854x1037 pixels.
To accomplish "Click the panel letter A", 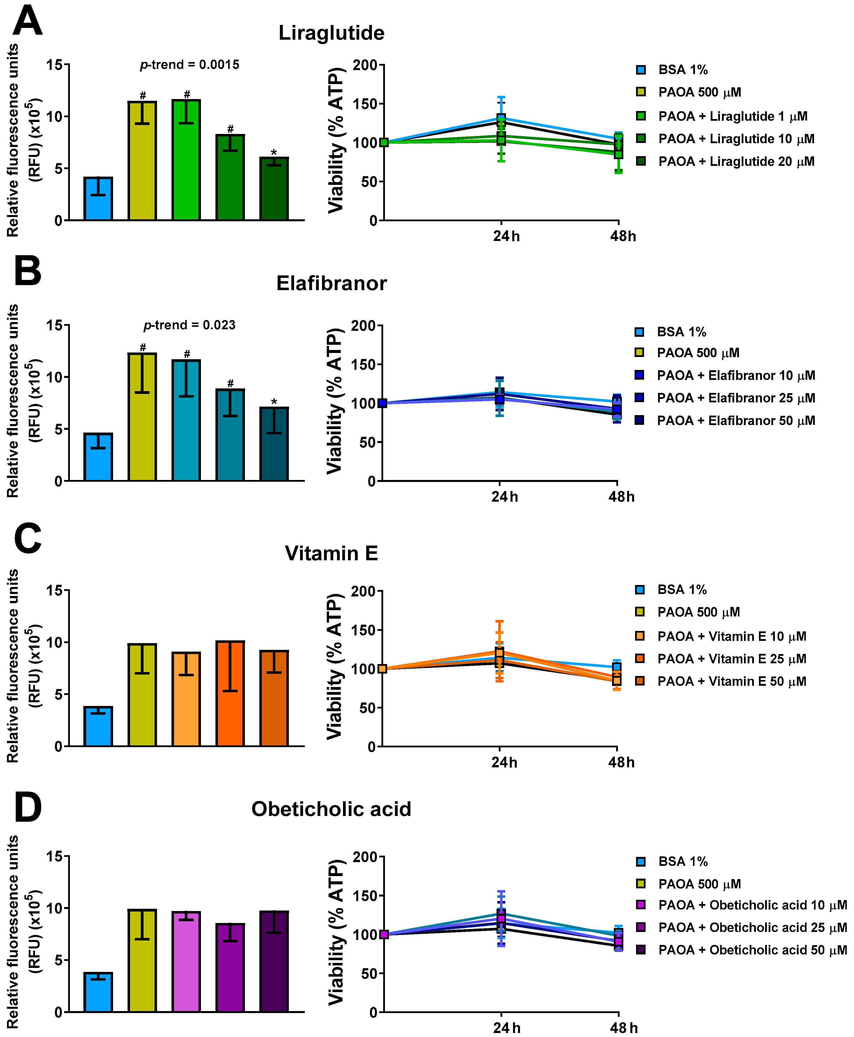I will click(x=27, y=21).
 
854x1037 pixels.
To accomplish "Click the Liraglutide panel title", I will click(x=331, y=33).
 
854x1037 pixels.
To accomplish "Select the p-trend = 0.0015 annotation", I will click(x=189, y=65).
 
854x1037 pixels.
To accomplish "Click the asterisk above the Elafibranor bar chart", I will click(x=274, y=402).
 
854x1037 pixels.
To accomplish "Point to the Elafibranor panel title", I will click(x=331, y=284).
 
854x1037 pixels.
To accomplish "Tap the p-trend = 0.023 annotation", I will click(x=189, y=325).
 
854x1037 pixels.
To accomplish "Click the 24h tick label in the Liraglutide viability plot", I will click(x=506, y=236).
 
